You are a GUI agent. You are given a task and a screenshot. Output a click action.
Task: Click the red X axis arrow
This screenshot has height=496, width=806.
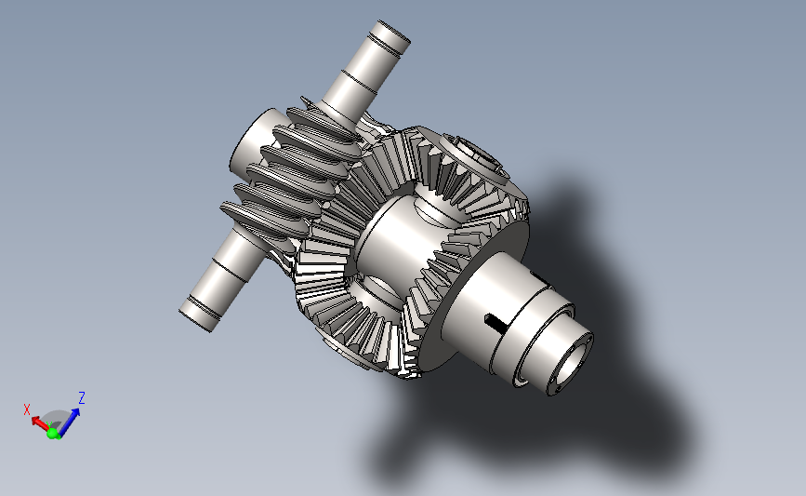[x=39, y=422]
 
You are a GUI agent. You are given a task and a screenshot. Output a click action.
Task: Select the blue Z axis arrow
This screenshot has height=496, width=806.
[x=70, y=422]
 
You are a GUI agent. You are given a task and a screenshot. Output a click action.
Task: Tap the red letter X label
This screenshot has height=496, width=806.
[x=27, y=409]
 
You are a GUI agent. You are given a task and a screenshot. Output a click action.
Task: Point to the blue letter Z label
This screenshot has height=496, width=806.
[x=81, y=397]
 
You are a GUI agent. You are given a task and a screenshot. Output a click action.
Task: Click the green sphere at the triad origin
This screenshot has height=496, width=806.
[x=52, y=434]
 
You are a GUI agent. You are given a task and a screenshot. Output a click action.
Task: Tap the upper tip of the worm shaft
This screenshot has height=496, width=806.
[x=395, y=32]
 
